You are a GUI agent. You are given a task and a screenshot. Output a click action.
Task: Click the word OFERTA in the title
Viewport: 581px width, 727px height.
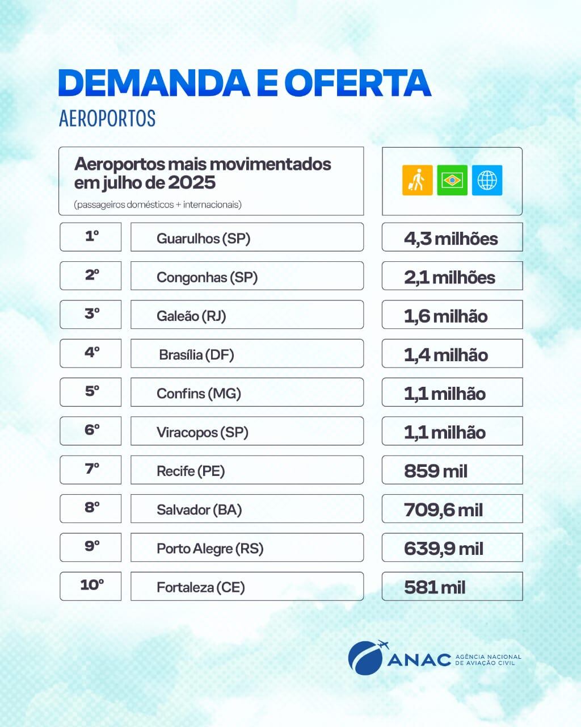[x=357, y=83]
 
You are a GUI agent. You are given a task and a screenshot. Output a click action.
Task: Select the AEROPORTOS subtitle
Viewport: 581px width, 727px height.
[x=107, y=118]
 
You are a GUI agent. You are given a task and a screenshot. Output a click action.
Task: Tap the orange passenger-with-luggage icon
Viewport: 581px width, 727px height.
[x=417, y=180]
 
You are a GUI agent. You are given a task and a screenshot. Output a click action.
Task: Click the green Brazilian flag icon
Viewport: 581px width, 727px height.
[x=452, y=180]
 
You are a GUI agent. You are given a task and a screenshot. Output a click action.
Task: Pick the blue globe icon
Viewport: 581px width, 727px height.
[x=487, y=180]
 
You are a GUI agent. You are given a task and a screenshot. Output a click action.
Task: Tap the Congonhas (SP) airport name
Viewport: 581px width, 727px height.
[x=207, y=277]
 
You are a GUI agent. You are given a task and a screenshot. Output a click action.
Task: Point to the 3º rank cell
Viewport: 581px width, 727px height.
[x=91, y=314]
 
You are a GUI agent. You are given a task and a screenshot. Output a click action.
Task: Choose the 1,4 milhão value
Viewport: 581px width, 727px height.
[x=446, y=355]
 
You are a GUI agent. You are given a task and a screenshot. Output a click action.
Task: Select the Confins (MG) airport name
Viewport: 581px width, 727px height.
[x=199, y=394]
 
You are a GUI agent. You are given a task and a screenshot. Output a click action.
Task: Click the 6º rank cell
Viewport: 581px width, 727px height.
[x=91, y=431]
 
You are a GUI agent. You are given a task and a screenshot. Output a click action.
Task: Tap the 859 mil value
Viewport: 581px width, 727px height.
[x=436, y=471]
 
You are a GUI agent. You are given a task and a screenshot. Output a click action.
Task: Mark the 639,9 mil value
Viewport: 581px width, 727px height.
[x=444, y=549]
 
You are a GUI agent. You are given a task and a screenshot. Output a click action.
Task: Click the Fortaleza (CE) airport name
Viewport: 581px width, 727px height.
[x=200, y=587]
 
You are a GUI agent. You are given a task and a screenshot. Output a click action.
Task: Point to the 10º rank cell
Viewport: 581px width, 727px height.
[x=91, y=586]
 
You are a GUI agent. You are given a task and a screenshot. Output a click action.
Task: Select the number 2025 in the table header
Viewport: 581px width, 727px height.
[x=192, y=183]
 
